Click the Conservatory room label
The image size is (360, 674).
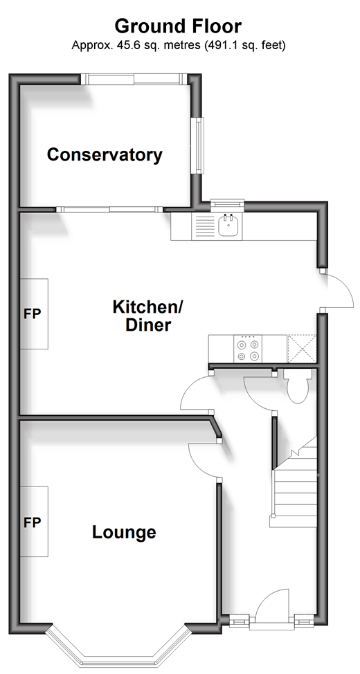tap(105, 154)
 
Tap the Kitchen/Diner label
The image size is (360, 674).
tap(148, 316)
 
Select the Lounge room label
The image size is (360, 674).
tap(124, 532)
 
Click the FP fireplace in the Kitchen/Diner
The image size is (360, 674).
tap(34, 313)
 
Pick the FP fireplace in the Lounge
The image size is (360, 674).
tap(34, 521)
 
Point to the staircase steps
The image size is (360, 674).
tap(295, 486)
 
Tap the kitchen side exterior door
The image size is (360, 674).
tap(338, 290)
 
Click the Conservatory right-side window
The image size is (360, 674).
tap(198, 145)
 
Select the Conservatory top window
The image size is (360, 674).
tap(134, 79)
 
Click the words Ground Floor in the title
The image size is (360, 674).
tap(178, 26)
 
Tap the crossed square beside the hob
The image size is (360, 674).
tap(302, 349)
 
